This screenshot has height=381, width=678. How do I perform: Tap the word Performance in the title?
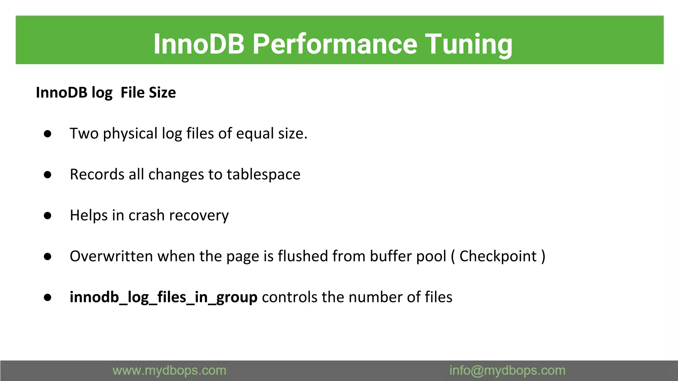pos(335,44)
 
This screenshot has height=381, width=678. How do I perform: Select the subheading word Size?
pos(162,93)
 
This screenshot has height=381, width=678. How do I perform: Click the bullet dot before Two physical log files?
pos(48,134)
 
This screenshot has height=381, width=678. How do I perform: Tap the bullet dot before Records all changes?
pos(48,175)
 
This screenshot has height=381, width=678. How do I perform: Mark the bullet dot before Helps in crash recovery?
pos(48,216)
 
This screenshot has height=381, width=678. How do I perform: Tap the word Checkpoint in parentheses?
pos(498,256)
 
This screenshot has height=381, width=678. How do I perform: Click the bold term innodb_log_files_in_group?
pos(163,297)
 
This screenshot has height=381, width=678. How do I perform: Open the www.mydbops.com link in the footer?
pos(169,371)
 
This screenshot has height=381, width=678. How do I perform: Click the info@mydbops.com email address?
pos(507,371)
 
